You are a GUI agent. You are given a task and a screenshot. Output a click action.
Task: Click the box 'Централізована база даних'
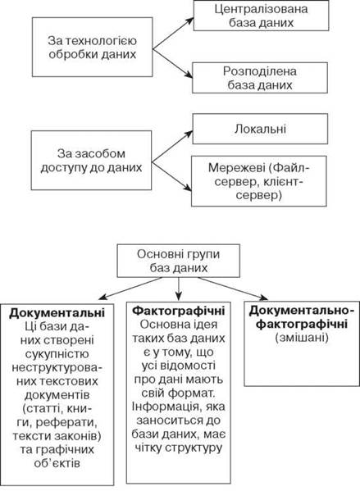[261, 16]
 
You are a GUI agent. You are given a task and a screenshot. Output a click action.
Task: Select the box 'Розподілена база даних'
[260, 78]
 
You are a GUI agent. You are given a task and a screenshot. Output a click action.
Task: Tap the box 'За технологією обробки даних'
[93, 47]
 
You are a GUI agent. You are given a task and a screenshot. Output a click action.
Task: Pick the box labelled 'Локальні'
[260, 129]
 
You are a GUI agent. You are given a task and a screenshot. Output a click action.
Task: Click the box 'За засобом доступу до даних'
[92, 161]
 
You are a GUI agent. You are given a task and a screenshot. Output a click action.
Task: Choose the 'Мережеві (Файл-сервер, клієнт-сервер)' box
[259, 181]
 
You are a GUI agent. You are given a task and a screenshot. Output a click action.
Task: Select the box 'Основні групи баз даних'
[179, 261]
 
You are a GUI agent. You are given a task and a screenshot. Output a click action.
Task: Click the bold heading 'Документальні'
[57, 313]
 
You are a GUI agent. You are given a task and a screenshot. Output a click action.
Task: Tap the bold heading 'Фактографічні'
[179, 311]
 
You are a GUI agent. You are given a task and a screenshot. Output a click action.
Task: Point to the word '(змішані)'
[302, 338]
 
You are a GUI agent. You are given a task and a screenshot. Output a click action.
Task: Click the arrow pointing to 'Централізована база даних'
[173, 33]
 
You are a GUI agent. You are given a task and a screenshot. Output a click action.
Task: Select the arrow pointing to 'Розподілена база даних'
[172, 63]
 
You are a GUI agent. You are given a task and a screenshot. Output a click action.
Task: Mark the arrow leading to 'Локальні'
[172, 146]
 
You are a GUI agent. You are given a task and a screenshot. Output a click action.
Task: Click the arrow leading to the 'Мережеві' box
[171, 176]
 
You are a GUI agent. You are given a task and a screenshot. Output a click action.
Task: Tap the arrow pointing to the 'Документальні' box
[130, 289]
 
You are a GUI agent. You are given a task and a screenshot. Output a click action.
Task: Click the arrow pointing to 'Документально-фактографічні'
[233, 289]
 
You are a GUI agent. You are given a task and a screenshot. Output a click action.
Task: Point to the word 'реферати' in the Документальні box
[66, 422]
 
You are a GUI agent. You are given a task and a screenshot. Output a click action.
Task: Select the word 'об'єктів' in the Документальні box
[57, 463]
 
